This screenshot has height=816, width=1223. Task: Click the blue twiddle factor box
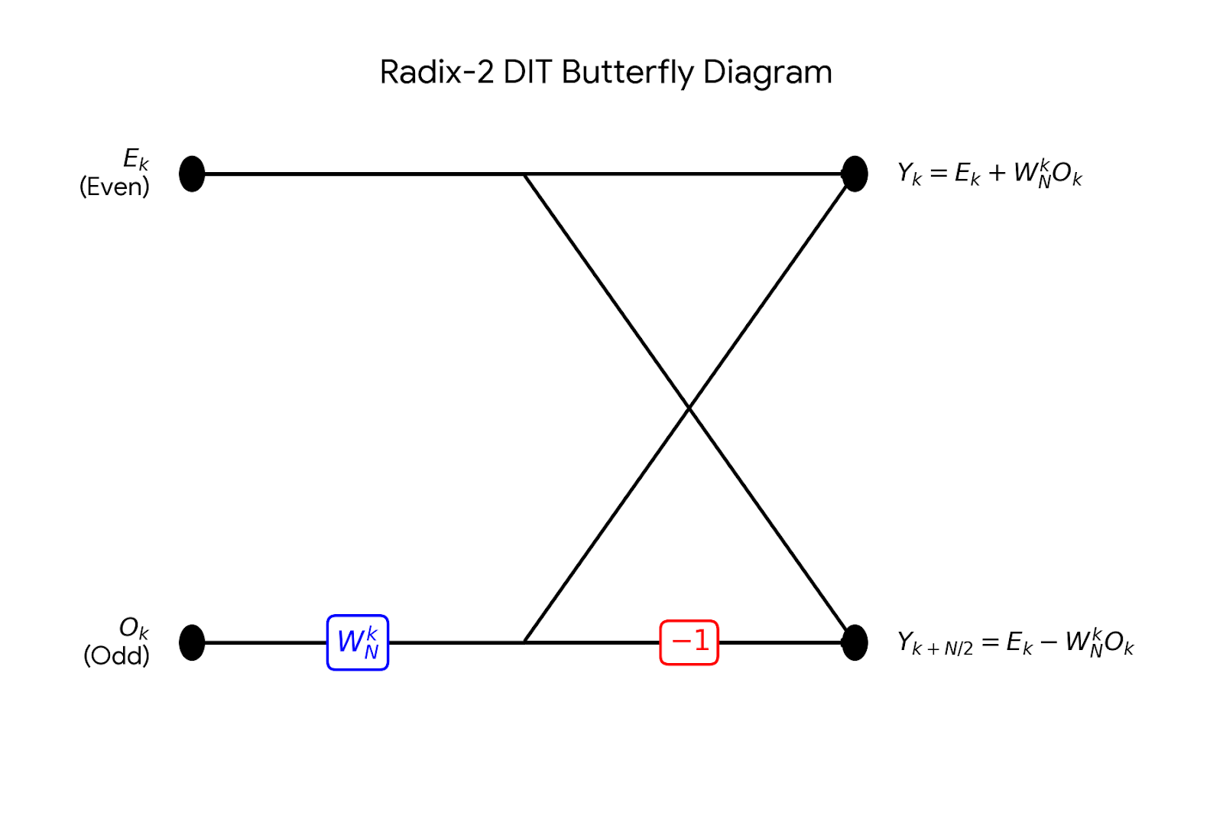click(x=358, y=642)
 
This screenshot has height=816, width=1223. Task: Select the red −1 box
click(x=689, y=642)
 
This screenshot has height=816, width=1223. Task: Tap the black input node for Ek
click(x=192, y=174)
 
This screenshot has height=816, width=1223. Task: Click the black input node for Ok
click(x=192, y=642)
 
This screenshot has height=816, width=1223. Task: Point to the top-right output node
click(x=855, y=174)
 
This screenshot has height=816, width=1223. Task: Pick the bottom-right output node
click(x=855, y=642)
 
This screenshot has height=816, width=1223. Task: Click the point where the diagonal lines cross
click(x=689, y=408)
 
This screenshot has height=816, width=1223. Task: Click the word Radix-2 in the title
click(x=436, y=73)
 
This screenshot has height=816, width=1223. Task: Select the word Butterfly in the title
click(x=628, y=73)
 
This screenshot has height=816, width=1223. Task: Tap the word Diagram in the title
click(x=767, y=73)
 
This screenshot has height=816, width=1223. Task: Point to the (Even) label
click(x=115, y=187)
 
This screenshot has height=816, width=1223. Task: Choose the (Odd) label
click(x=116, y=655)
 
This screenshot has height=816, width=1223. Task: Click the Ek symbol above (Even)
click(x=136, y=160)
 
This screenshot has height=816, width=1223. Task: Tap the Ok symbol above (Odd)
click(x=134, y=629)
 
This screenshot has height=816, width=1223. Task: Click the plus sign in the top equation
click(x=997, y=174)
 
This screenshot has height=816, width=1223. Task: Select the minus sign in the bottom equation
click(x=1049, y=642)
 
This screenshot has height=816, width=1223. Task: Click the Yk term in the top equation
click(x=910, y=174)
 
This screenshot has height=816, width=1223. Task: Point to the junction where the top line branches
click(x=524, y=174)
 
